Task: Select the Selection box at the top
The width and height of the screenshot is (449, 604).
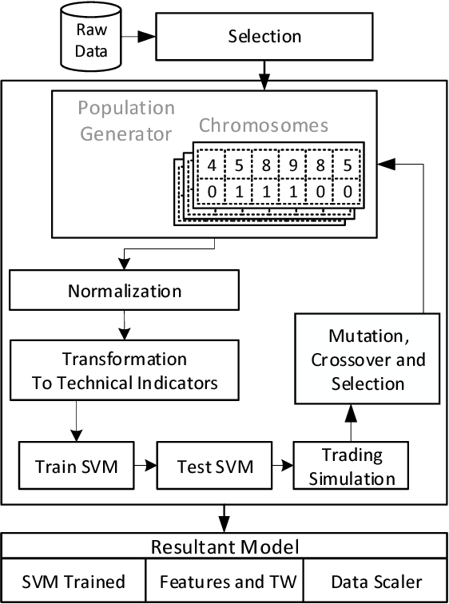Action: point(264,37)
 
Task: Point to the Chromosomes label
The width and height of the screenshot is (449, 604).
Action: point(263,125)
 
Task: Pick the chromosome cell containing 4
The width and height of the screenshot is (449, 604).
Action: point(212,166)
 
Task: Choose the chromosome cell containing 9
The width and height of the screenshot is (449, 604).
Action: point(294,166)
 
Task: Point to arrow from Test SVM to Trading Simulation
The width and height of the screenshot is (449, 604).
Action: point(280,464)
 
